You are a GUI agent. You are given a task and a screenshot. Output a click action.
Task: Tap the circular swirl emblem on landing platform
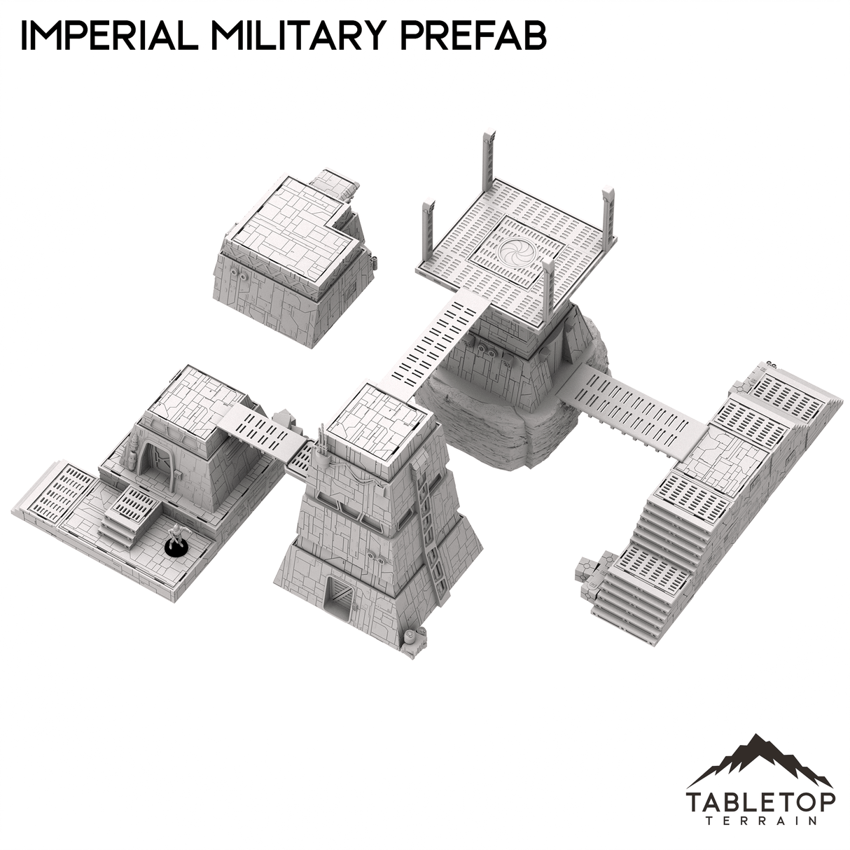[521, 250]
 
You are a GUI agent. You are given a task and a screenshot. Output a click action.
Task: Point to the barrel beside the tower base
[409, 637]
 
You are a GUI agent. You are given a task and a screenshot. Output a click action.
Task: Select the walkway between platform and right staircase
[641, 406]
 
